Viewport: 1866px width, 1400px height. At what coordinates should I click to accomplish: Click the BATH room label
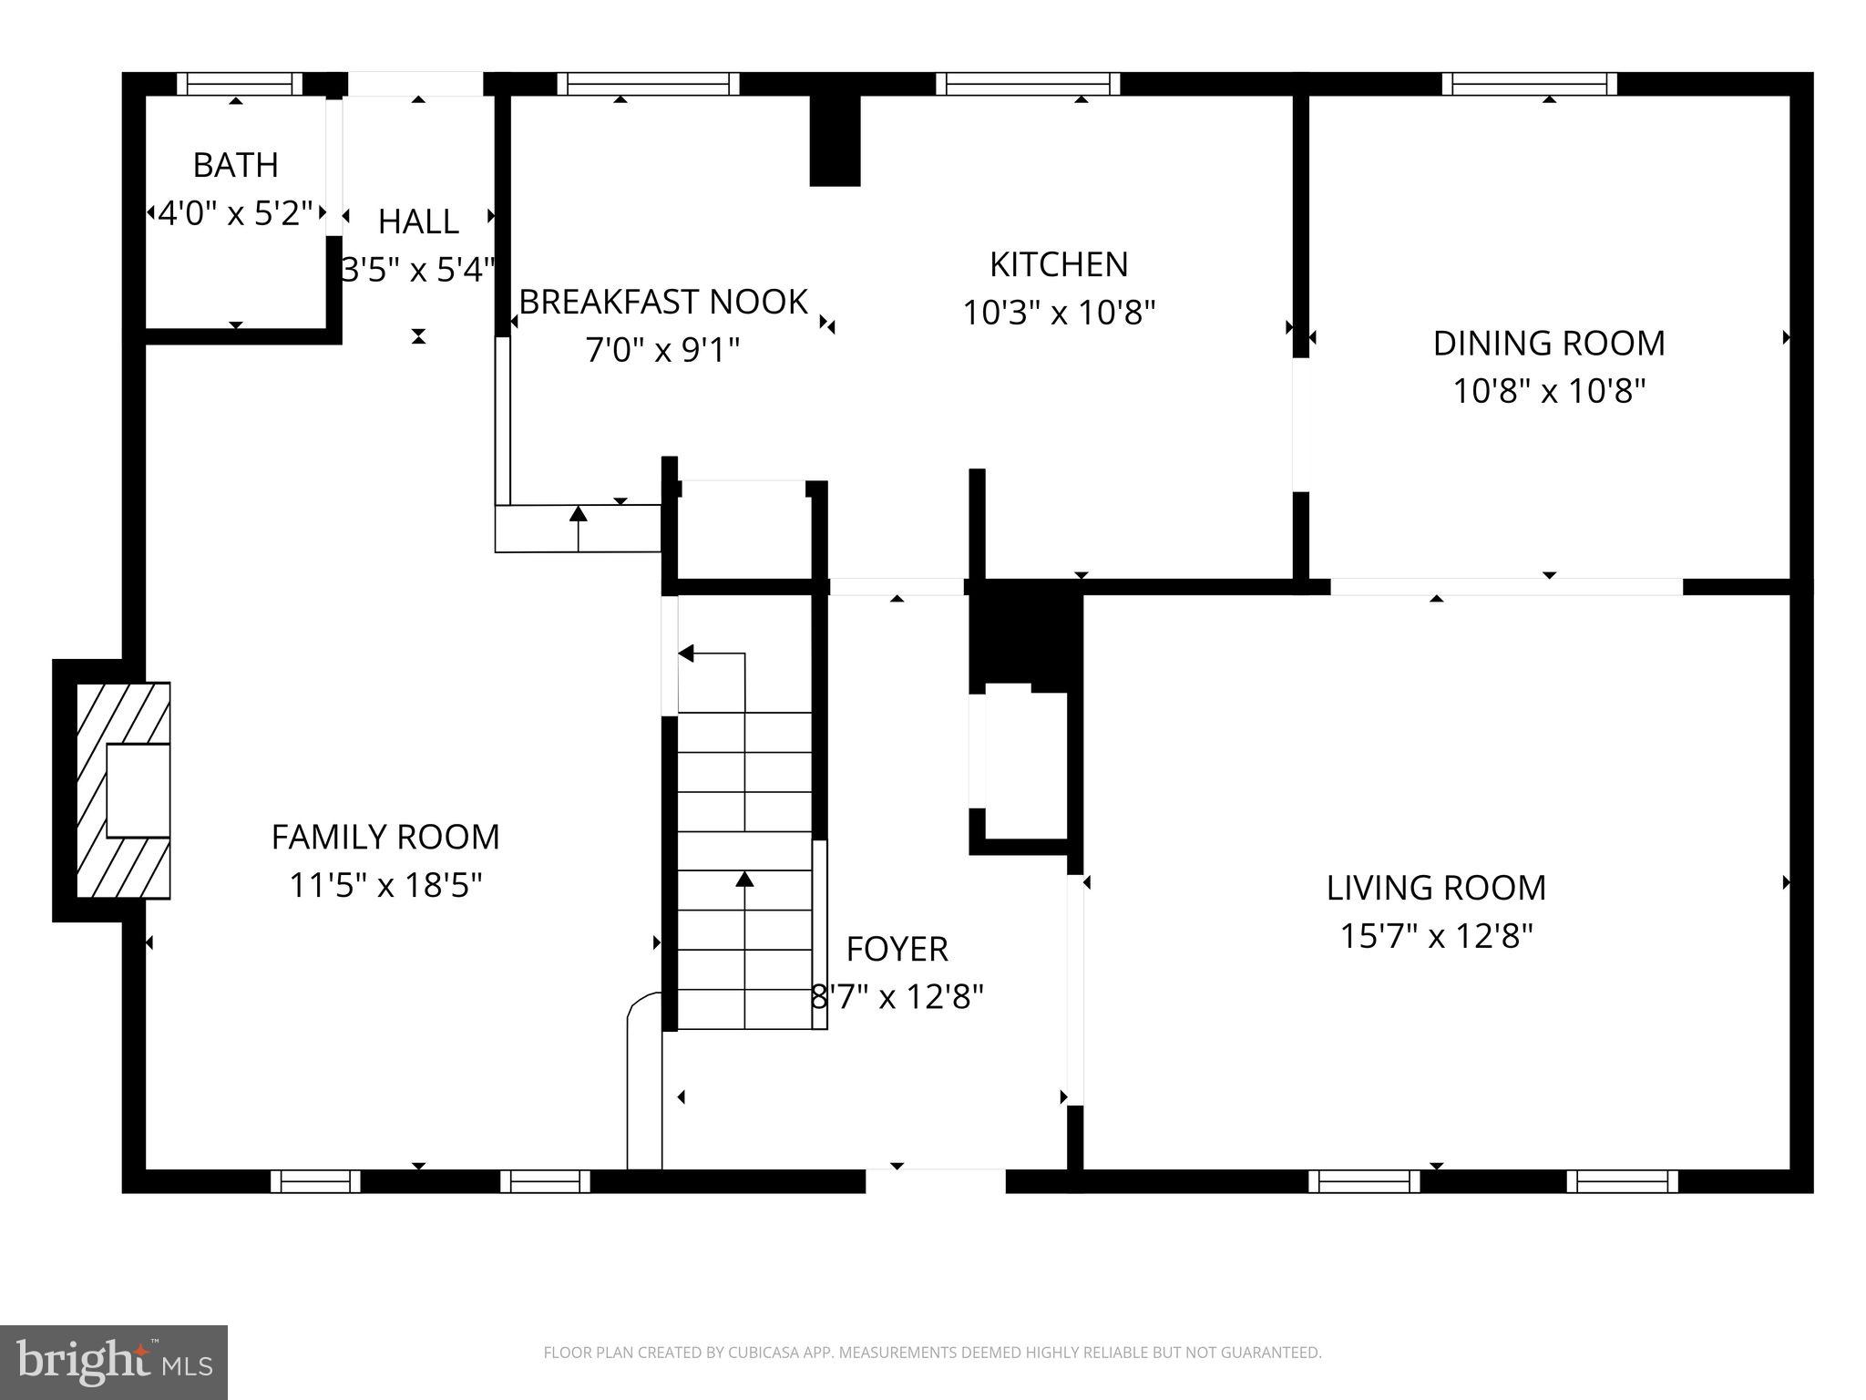point(235,166)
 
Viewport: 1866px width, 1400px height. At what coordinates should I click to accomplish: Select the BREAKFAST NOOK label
point(662,302)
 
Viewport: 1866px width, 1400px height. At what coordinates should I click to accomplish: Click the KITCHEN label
point(1059,264)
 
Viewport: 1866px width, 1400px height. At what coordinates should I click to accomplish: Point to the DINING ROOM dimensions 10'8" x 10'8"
point(1548,392)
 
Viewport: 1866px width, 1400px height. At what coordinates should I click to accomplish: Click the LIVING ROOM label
point(1436,888)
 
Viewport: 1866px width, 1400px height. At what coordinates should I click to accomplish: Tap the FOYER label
point(897,950)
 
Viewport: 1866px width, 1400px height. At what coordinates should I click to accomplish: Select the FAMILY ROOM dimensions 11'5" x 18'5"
point(384,885)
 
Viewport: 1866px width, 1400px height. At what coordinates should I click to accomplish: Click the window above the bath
point(239,85)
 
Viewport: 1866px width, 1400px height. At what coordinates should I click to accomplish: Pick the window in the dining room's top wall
point(1529,85)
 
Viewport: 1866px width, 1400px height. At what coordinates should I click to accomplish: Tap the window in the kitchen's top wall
point(1028,85)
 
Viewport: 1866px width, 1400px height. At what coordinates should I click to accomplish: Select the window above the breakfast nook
point(648,85)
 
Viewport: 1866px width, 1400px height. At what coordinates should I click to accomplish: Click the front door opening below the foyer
point(935,1181)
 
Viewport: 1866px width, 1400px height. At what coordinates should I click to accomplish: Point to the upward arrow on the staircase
point(745,880)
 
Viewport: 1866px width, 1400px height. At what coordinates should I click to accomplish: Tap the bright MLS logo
point(114,1362)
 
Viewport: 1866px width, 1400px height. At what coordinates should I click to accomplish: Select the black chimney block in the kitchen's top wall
point(835,140)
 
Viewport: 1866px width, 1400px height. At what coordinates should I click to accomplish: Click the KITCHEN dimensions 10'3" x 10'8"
point(1059,314)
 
